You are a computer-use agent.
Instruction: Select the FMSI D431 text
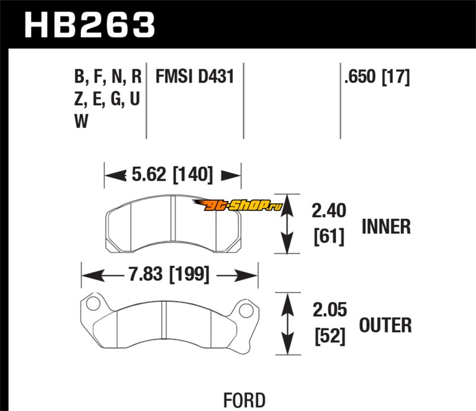194,77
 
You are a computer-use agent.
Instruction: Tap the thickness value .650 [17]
377,77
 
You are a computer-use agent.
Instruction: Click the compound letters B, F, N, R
108,77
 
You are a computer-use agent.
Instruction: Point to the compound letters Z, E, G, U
108,100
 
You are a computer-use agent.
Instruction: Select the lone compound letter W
82,122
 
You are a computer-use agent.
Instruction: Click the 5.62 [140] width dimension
173,175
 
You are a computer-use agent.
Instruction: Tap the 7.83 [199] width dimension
170,275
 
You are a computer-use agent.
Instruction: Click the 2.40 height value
328,211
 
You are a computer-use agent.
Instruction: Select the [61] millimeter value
328,237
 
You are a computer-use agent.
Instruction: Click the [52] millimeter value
328,336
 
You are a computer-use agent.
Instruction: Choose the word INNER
386,227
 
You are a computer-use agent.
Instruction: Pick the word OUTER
386,325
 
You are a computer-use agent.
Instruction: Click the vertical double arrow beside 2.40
289,224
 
